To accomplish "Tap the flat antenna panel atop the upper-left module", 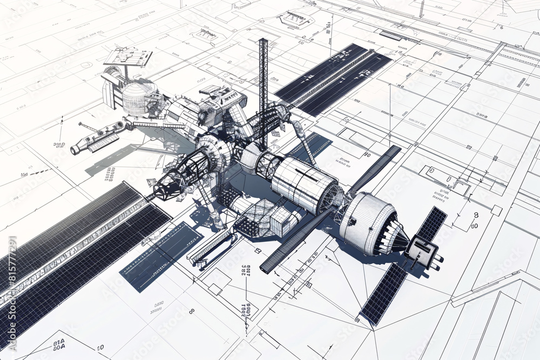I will point(127,56).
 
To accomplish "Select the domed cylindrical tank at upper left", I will point(139,97).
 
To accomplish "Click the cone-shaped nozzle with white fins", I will point(397,237).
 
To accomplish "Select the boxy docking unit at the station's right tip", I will point(424,252).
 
